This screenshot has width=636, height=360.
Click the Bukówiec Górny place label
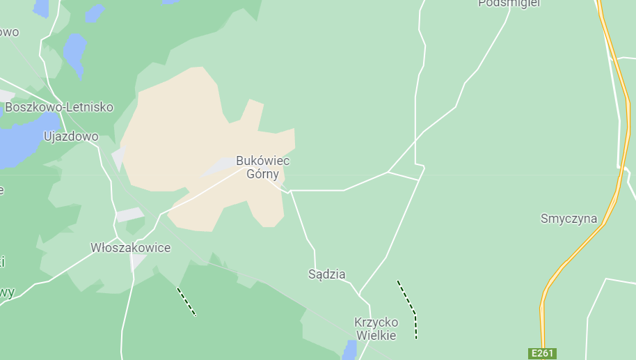coord(262,167)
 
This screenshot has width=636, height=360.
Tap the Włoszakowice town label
coord(130,248)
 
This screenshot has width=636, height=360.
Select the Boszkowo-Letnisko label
coord(58,107)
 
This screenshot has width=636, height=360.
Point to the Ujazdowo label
coord(71,136)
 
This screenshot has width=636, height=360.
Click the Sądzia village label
coord(326,274)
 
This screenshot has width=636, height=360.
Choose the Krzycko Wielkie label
coord(376,329)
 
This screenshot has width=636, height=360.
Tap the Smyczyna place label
coord(569,219)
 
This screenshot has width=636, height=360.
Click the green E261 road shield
coord(542,354)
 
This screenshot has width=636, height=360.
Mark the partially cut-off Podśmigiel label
coord(509,3)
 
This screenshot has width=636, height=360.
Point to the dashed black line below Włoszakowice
coord(186,302)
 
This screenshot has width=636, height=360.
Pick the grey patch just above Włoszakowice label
coord(129,215)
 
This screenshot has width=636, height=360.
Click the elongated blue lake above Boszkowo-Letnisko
coord(74,53)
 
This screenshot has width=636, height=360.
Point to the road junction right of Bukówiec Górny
coord(388,172)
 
